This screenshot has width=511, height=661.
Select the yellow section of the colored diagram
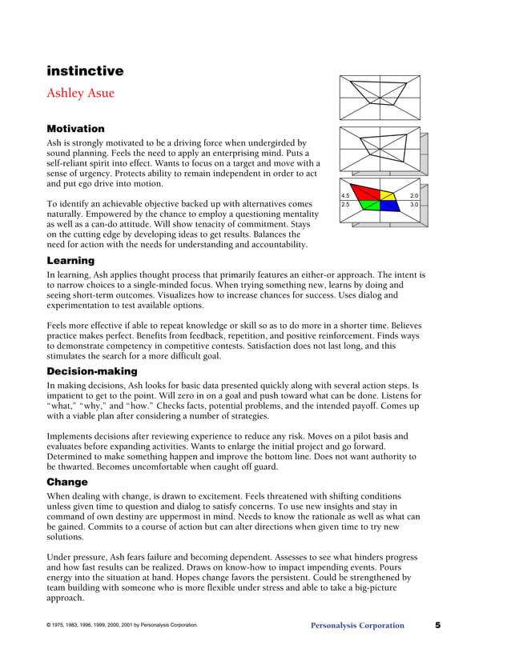point(388,194)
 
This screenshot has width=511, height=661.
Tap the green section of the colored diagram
point(370,206)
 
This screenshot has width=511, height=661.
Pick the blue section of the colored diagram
point(389,206)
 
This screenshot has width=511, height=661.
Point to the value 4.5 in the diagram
point(345,196)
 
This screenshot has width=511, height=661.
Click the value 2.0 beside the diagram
point(414,196)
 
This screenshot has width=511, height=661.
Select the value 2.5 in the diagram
point(345,206)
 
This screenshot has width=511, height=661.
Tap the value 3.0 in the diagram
point(414,206)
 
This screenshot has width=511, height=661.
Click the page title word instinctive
point(84,71)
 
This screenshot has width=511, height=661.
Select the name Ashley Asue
point(80,93)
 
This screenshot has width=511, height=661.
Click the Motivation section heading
point(75,128)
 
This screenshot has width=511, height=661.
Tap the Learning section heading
point(70,261)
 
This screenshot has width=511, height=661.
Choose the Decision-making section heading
point(92,371)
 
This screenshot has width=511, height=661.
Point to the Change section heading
point(67,483)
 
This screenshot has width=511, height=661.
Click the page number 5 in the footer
point(438,625)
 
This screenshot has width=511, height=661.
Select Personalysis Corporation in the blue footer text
point(357,626)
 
